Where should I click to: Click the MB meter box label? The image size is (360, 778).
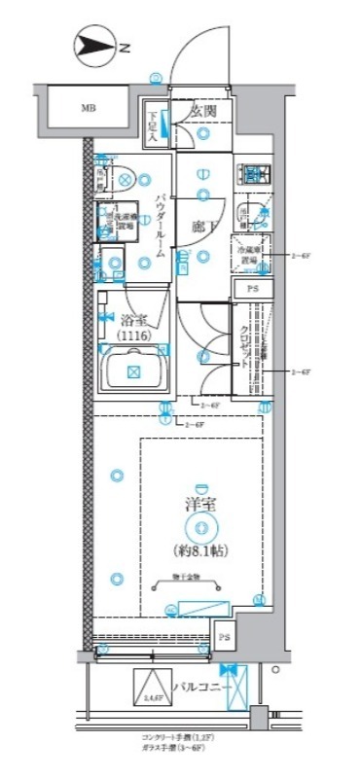pos(89,108)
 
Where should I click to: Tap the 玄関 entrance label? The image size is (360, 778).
pos(202,112)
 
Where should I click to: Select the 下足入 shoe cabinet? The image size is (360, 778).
pos(154,124)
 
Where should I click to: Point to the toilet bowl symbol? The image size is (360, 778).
pos(124,179)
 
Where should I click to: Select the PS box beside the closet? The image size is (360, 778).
pos(252,290)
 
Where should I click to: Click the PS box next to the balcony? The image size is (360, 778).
pos(224,638)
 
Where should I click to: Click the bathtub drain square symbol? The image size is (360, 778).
pos(134,371)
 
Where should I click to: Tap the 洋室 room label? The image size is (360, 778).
pos(199,505)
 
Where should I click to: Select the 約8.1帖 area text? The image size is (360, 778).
pos(200,548)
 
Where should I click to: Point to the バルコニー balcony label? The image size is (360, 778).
pos(201,688)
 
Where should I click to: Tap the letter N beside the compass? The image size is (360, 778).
pos(125,45)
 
